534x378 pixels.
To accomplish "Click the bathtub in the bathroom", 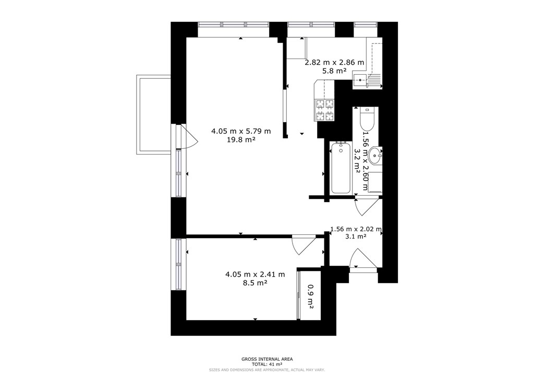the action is (x=341, y=168).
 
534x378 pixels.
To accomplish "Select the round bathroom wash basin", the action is (x=375, y=156).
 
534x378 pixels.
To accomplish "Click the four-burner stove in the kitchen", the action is (x=324, y=110).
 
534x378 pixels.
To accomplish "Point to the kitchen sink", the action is (x=360, y=80).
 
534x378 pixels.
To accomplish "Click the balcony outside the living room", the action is (x=154, y=114).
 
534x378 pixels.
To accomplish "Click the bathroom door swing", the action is (x=367, y=207).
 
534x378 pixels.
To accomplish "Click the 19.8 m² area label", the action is (x=241, y=139).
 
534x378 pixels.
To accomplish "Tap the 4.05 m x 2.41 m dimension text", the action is (x=255, y=275).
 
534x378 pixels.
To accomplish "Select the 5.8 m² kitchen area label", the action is (x=334, y=71).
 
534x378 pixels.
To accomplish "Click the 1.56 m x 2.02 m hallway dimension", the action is (x=356, y=229).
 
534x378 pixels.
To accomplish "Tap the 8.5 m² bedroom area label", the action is (x=255, y=282).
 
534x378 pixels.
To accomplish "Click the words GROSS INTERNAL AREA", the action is (x=267, y=359).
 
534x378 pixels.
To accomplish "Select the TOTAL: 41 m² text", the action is (x=267, y=364).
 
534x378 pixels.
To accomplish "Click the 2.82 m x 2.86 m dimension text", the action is (x=334, y=63).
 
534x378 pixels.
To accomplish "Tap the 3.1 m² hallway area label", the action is (x=356, y=236).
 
